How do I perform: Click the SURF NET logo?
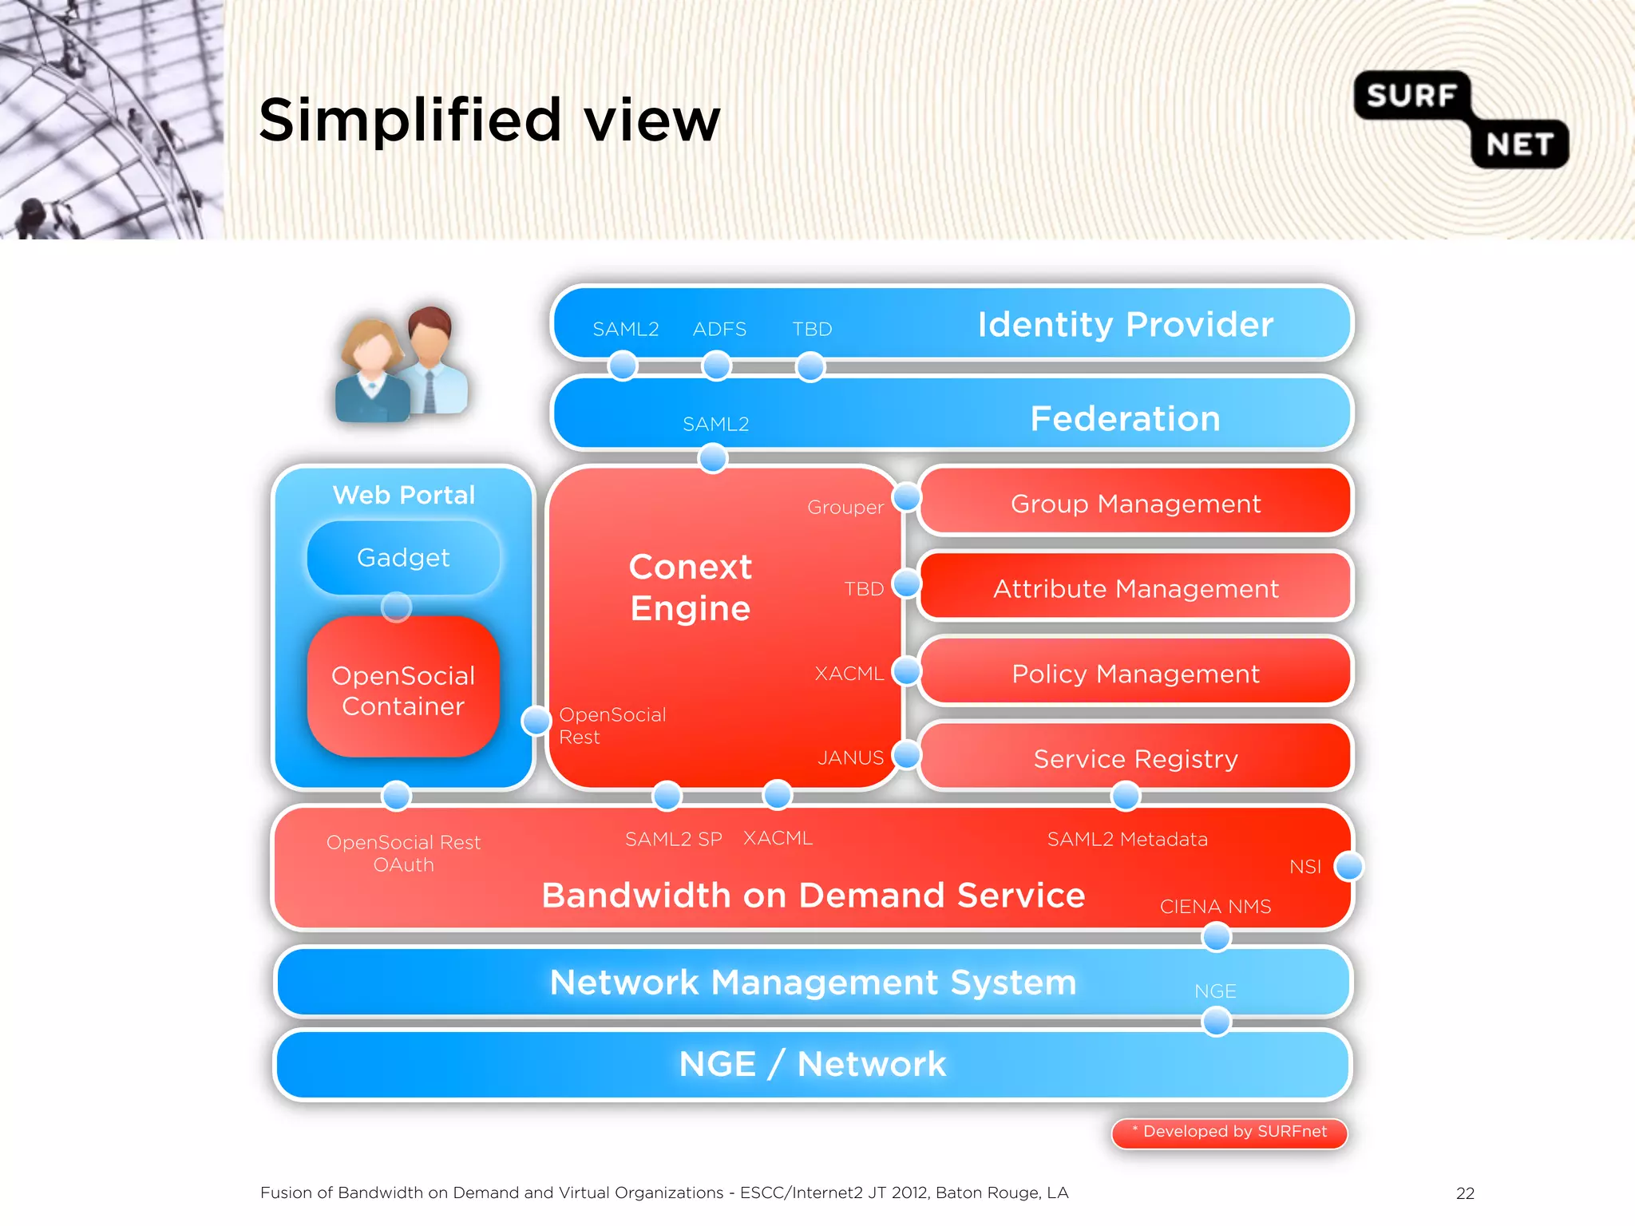pyautogui.click(x=1460, y=120)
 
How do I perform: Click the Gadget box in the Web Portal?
pyautogui.click(x=403, y=557)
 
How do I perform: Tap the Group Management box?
pyautogui.click(x=1134, y=504)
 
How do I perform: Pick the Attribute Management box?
pyautogui.click(x=1134, y=588)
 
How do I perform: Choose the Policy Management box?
pyautogui.click(x=1134, y=674)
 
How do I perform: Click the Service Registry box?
pyautogui.click(x=1134, y=758)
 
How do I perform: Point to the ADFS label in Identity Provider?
pyautogui.click(x=719, y=329)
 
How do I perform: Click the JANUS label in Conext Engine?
pyautogui.click(x=850, y=757)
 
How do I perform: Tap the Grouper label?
pyautogui.click(x=845, y=507)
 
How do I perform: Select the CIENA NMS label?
pyautogui.click(x=1214, y=907)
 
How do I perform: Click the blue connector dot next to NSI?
pyautogui.click(x=1348, y=866)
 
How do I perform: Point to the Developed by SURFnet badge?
pyautogui.click(x=1229, y=1132)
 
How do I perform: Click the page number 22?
pyautogui.click(x=1465, y=1193)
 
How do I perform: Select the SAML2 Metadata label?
pyautogui.click(x=1126, y=839)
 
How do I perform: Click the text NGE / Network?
pyautogui.click(x=812, y=1064)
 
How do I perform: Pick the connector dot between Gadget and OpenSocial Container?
pyautogui.click(x=396, y=607)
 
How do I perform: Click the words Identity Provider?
pyautogui.click(x=1125, y=324)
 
